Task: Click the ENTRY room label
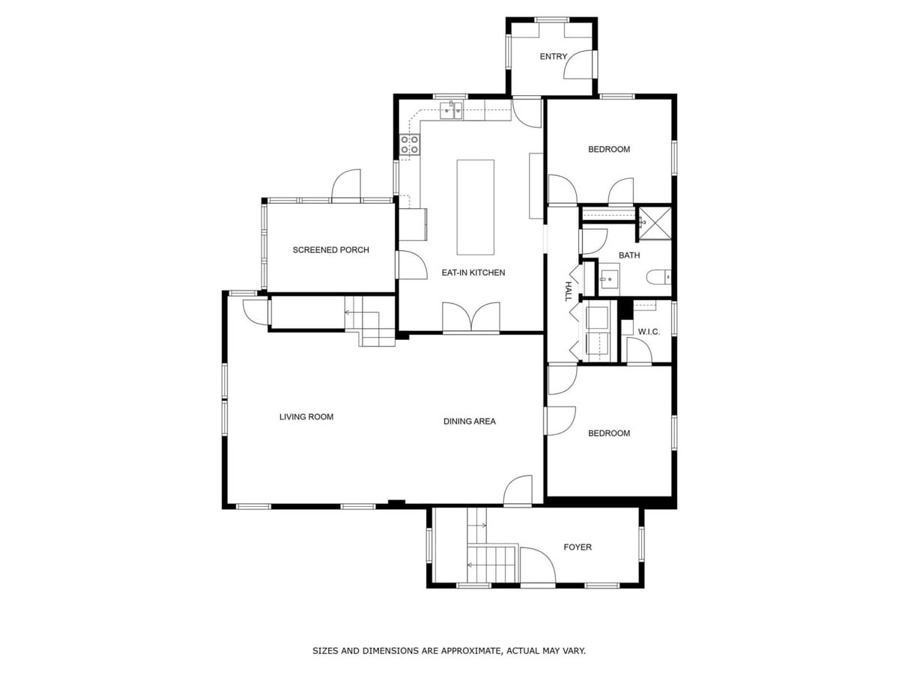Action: click(553, 56)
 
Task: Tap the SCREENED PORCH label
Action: click(330, 249)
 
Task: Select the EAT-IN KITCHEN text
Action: click(473, 273)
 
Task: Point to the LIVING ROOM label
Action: click(306, 416)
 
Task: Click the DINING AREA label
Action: click(470, 421)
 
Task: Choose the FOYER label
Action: click(578, 547)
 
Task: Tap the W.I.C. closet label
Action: click(649, 332)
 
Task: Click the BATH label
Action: click(629, 255)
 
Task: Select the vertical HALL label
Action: click(569, 291)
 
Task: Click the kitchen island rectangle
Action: click(475, 207)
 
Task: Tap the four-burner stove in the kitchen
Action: click(410, 145)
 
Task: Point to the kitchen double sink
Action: click(451, 111)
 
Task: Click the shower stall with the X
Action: click(656, 222)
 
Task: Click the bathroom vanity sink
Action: click(610, 279)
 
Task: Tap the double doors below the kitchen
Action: click(471, 317)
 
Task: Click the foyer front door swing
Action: click(537, 565)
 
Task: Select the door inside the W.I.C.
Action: click(639, 350)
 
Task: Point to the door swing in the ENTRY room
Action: click(578, 64)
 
